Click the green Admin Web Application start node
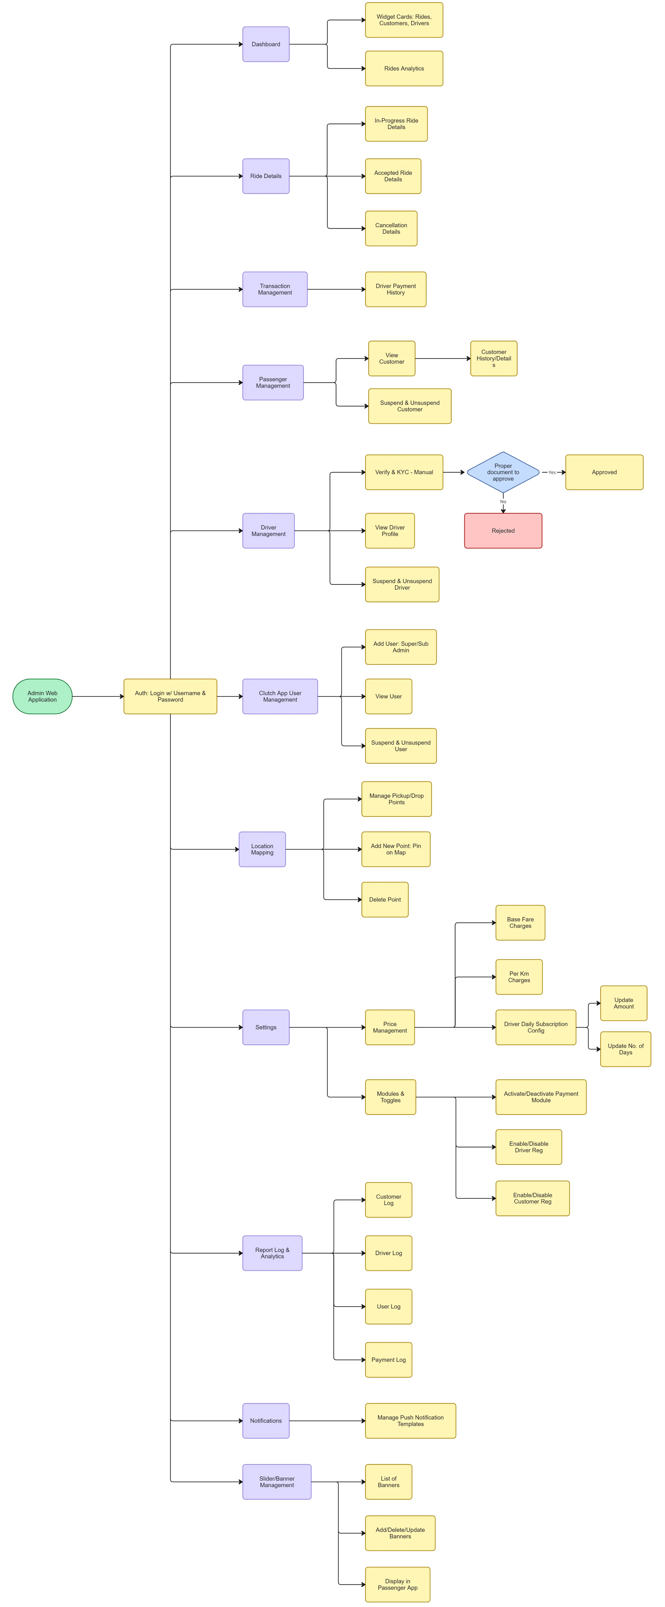42,696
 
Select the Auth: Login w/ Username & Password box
170,696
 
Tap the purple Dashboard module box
266,44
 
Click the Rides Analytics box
404,69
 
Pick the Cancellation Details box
391,228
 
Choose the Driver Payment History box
396,289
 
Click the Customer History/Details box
493,359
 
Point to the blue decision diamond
503,472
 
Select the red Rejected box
503,531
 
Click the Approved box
604,472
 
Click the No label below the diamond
503,502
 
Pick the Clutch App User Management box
280,696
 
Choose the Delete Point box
385,900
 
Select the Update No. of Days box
625,1049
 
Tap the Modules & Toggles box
390,1097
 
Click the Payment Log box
389,1360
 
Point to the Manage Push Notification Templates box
411,1421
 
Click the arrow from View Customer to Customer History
443,359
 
